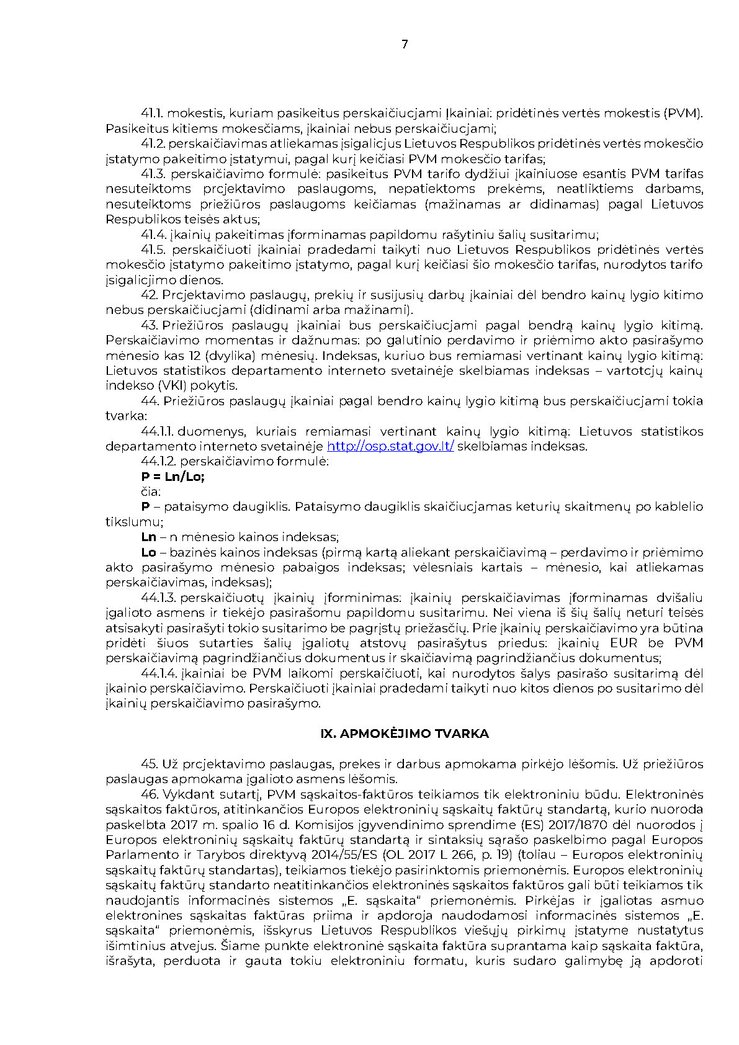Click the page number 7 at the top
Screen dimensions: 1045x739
(405, 44)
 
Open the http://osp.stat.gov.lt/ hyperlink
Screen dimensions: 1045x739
(390, 446)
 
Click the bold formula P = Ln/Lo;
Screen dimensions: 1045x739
(172, 477)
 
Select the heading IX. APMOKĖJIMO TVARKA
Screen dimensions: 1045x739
(404, 733)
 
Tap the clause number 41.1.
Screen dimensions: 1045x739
(152, 114)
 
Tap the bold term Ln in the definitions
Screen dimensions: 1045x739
(148, 537)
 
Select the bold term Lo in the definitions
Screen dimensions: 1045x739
(148, 552)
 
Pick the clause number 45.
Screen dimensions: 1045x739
(150, 764)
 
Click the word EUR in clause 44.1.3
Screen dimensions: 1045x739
(624, 643)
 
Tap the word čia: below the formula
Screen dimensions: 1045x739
(151, 491)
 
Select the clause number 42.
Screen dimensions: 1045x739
(150, 295)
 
